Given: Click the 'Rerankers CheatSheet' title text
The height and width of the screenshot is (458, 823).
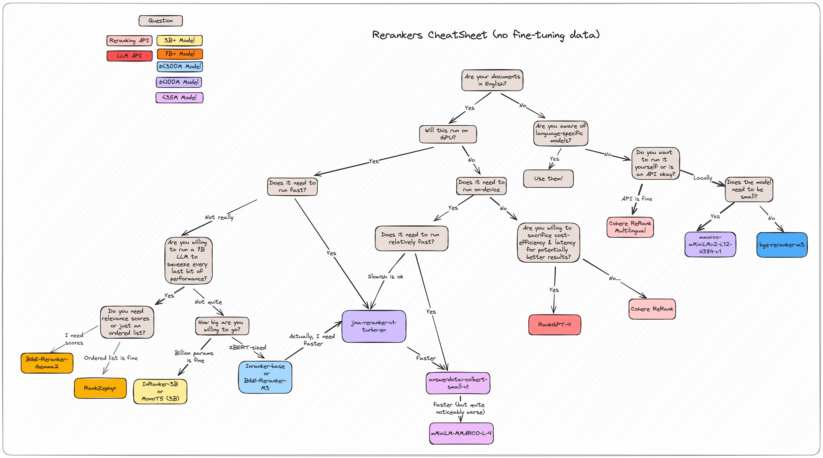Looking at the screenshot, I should tap(486, 35).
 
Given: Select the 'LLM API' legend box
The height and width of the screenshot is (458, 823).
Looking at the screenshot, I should tap(129, 56).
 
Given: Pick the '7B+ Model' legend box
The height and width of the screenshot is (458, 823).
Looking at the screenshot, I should tap(180, 54).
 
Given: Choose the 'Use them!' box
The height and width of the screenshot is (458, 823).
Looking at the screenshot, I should tap(548, 179).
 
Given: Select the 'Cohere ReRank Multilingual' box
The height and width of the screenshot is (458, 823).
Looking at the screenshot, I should tap(630, 227).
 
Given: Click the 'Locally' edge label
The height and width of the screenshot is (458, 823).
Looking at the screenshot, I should tap(703, 178).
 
